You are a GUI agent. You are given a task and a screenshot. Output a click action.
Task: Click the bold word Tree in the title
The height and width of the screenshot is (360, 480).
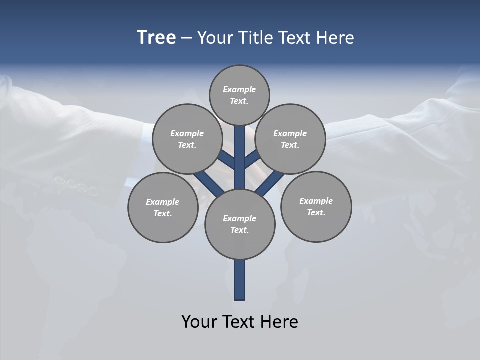[156, 38]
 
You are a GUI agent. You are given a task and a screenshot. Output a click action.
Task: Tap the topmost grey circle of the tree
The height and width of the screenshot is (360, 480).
[239, 95]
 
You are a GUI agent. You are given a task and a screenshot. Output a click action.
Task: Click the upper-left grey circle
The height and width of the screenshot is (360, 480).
[187, 139]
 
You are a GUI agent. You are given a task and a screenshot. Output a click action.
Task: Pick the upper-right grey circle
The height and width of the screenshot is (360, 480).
[290, 139]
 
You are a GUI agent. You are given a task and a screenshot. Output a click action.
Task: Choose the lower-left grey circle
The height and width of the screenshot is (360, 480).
[162, 207]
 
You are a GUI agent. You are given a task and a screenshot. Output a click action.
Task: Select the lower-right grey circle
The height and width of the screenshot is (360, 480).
[316, 206]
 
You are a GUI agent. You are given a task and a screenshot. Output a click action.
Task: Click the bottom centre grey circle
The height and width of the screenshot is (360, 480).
[240, 224]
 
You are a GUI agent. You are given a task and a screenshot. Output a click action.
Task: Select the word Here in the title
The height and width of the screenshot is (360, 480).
[336, 38]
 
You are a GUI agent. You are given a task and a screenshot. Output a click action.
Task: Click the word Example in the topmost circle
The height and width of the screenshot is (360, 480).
[239, 90]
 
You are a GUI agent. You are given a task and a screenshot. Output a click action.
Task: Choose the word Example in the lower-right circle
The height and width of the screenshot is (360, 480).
[316, 201]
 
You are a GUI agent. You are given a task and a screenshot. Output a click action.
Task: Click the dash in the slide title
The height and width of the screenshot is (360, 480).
[187, 38]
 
